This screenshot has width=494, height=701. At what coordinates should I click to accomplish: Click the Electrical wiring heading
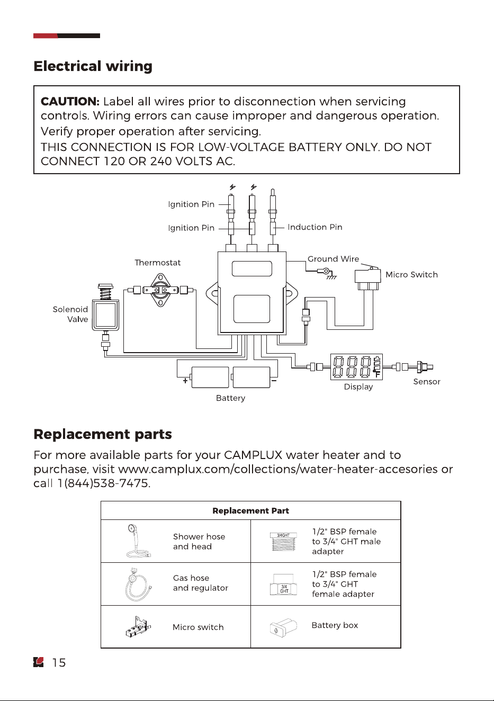point(93,66)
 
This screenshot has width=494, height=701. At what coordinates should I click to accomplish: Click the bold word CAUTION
point(70,102)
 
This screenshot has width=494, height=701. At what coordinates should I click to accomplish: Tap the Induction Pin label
point(315,227)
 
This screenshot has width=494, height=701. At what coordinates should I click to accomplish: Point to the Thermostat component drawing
point(160,290)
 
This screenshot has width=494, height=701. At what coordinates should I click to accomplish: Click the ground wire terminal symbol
point(327,272)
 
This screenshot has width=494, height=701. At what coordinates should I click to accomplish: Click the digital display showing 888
point(356,367)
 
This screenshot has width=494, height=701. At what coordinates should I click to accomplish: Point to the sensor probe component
point(424,367)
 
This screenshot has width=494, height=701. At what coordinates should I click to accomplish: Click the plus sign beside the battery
point(185,381)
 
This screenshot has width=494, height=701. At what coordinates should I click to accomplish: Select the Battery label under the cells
point(230,398)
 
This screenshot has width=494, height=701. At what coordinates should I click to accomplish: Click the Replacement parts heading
point(103,434)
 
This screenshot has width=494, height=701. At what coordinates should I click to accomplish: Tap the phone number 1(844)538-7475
point(104,483)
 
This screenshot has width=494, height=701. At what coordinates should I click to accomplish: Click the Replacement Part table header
point(250,511)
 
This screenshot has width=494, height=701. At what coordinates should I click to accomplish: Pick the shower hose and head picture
point(137,541)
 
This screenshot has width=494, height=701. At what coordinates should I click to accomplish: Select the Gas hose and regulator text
point(200,583)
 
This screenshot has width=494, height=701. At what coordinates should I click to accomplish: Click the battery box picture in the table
point(283,627)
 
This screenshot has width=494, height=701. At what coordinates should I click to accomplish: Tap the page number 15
point(59,662)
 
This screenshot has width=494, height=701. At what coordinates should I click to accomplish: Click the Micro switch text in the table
point(198,627)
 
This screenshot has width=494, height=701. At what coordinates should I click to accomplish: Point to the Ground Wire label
point(333,259)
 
